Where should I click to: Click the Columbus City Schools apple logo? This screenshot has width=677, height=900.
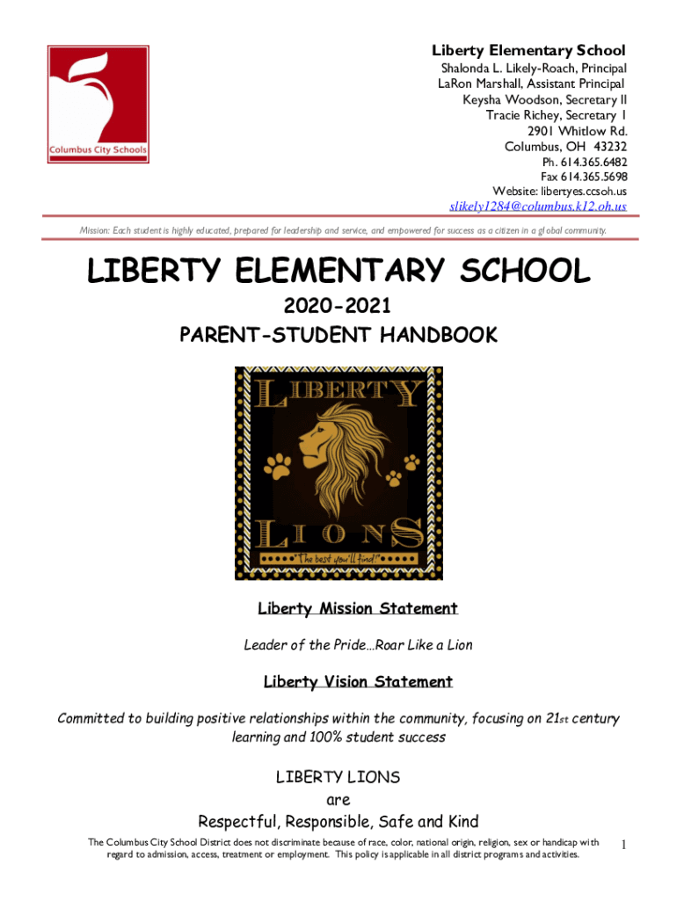(x=98, y=104)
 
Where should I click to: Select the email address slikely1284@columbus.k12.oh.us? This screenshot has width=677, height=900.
(x=538, y=207)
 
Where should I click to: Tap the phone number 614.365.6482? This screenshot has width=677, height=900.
(x=592, y=163)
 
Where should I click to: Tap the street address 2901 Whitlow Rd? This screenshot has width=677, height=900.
(x=578, y=131)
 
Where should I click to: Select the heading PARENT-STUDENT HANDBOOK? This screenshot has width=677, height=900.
(x=338, y=335)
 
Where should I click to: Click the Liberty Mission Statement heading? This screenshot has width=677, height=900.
(x=357, y=608)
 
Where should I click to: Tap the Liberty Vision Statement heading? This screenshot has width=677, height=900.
(x=358, y=681)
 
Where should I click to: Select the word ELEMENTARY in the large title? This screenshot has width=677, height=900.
(x=355, y=272)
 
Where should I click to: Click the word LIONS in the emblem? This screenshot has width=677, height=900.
(x=338, y=532)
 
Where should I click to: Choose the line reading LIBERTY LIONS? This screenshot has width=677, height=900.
(x=338, y=777)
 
